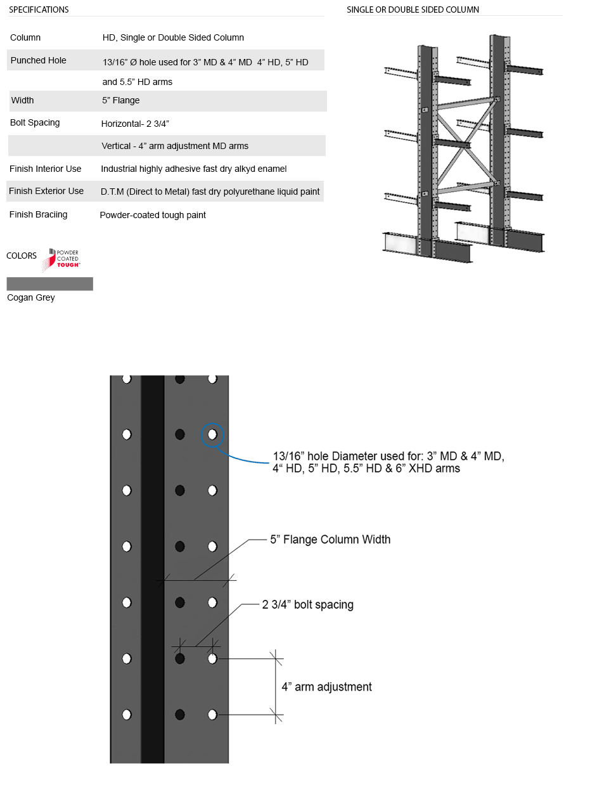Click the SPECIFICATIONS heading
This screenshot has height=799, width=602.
tap(39, 10)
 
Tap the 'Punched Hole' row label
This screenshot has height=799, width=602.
tap(39, 60)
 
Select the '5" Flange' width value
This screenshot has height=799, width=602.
tap(121, 100)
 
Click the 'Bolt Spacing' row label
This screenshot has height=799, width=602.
tap(35, 122)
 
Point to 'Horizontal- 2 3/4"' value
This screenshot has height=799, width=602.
tap(135, 123)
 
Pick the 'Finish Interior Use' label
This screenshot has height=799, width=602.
tap(46, 169)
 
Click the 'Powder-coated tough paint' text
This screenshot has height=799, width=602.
tap(153, 215)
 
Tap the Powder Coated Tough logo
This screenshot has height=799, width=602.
tap(61, 259)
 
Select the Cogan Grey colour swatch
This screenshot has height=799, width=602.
tap(50, 283)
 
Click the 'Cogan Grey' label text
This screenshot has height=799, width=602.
tap(31, 297)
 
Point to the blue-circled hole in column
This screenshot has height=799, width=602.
tap(212, 434)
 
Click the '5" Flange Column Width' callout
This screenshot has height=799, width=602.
tap(330, 540)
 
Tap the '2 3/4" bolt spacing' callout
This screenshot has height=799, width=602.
tap(308, 604)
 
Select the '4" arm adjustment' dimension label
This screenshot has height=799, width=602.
tap(326, 687)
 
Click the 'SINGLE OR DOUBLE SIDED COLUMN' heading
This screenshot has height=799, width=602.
tap(413, 10)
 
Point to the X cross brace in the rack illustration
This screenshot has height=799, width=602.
tap(466, 145)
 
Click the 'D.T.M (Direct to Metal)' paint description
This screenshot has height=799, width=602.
tap(210, 192)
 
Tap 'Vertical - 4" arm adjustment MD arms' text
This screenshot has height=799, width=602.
tap(175, 146)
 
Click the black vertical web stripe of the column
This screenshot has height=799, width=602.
tap(152, 571)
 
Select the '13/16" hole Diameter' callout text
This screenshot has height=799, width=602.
tap(388, 462)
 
